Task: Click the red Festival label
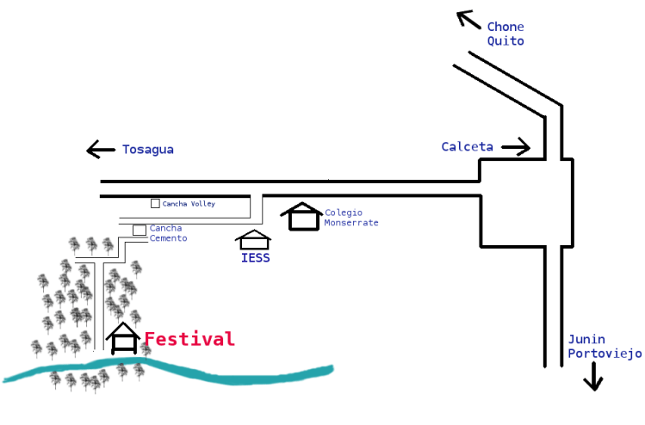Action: pyautogui.click(x=189, y=339)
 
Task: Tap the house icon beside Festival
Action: pyautogui.click(x=124, y=338)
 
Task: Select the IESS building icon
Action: pyautogui.click(x=253, y=240)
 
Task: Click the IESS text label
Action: pyautogui.click(x=254, y=257)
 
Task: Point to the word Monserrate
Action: pyautogui.click(x=351, y=223)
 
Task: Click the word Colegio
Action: pyautogui.click(x=344, y=212)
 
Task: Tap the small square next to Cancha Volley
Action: pyautogui.click(x=155, y=204)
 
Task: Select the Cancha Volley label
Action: pyautogui.click(x=189, y=204)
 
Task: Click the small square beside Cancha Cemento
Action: pyautogui.click(x=139, y=230)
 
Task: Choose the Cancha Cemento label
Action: pyautogui.click(x=168, y=233)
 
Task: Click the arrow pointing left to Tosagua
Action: pyautogui.click(x=101, y=150)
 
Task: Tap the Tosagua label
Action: pyautogui.click(x=147, y=150)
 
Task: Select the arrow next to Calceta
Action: pyautogui.click(x=516, y=147)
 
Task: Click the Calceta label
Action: pyautogui.click(x=467, y=147)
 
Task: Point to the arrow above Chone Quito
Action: pyautogui.click(x=468, y=19)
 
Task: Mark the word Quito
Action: pyautogui.click(x=505, y=40)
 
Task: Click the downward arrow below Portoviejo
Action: pyautogui.click(x=592, y=377)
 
